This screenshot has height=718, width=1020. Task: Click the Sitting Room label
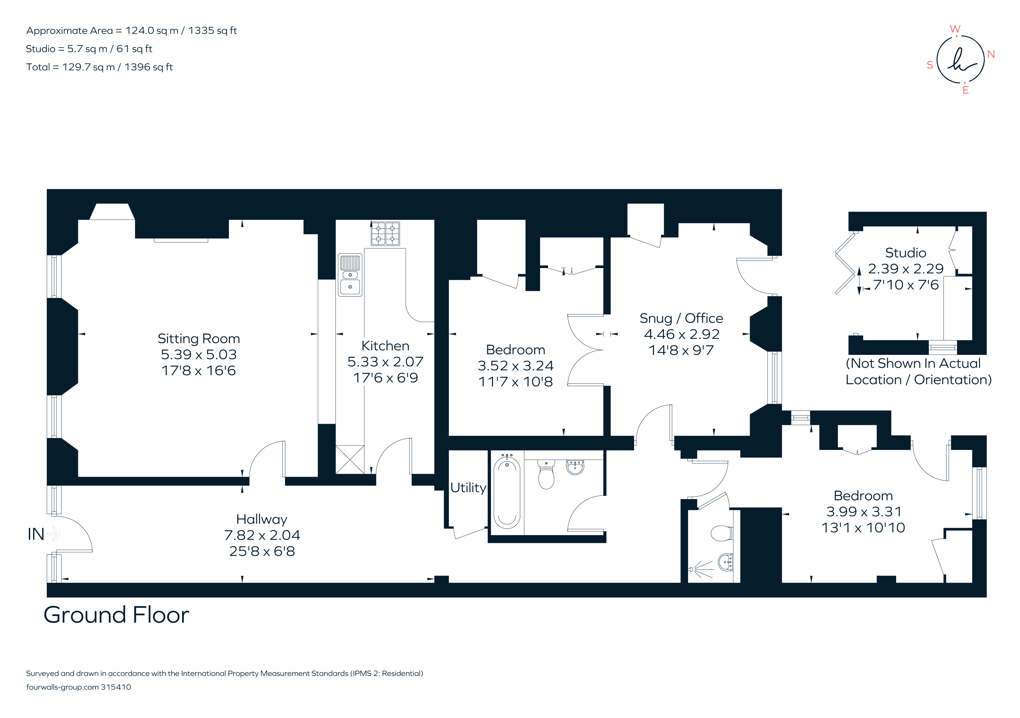coord(199,339)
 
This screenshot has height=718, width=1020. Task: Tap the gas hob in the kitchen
coord(385,234)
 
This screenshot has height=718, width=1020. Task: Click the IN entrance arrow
coord(52,533)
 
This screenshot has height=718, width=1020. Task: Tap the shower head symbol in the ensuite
coord(692,569)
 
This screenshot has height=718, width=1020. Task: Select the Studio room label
coord(905,253)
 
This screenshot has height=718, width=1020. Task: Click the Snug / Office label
coord(681,318)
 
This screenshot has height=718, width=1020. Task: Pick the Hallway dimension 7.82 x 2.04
coord(262,535)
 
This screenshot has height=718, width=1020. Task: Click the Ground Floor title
coord(117,615)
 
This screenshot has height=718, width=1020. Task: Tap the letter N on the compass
coord(991,54)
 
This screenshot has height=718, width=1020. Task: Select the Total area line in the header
coord(99,67)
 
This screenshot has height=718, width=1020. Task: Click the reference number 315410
coord(116,687)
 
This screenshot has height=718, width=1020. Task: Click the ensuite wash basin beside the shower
coord(726,563)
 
